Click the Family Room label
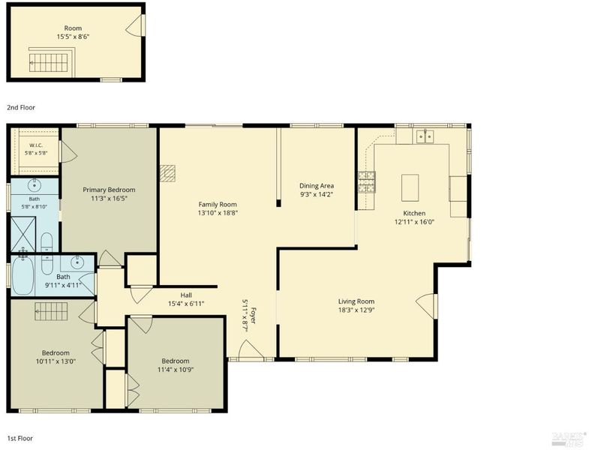pyautogui.click(x=218, y=204)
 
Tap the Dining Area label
pyautogui.click(x=317, y=185)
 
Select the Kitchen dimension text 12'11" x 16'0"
pyautogui.click(x=414, y=221)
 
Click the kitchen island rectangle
pyautogui.click(x=410, y=187)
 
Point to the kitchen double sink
pyautogui.click(x=425, y=136)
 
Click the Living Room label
pyautogui.click(x=356, y=301)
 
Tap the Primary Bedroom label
pyautogui.click(x=109, y=190)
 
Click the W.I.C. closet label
pyautogui.click(x=36, y=145)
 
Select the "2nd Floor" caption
pyautogui.click(x=21, y=107)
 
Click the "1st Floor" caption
pyautogui.click(x=20, y=438)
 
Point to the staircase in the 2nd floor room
pyautogui.click(x=49, y=62)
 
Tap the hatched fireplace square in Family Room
pyautogui.click(x=167, y=173)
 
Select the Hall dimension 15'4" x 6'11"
pyautogui.click(x=186, y=304)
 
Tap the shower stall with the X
pyautogui.click(x=23, y=234)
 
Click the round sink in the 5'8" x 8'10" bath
pyautogui.click(x=35, y=184)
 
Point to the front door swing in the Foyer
pyautogui.click(x=251, y=349)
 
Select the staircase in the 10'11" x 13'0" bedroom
pyautogui.click(x=51, y=311)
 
